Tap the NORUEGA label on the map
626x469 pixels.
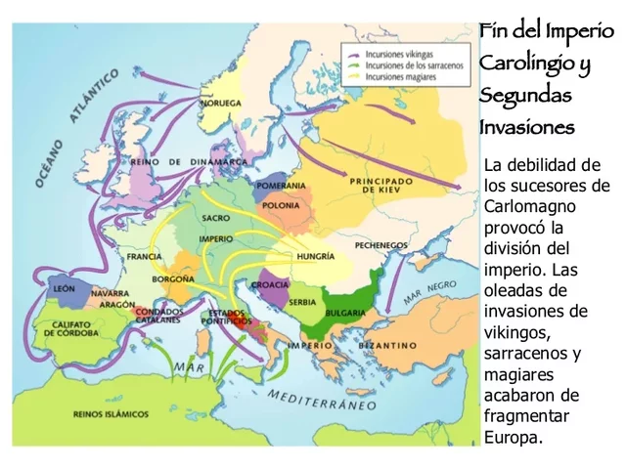pos(221,103)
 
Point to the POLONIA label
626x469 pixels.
pos(283,207)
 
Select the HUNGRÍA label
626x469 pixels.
pos(314,257)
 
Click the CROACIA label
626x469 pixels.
pos(271,284)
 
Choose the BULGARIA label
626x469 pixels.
pos(347,312)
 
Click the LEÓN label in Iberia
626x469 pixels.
pos(64,290)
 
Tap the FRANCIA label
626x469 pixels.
pos(144,257)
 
